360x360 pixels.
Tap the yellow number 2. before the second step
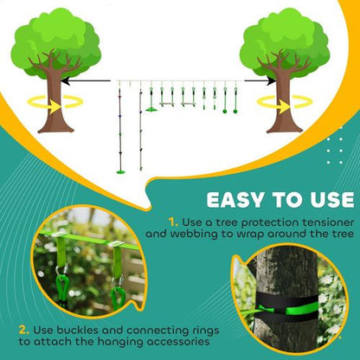tap(22, 329)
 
